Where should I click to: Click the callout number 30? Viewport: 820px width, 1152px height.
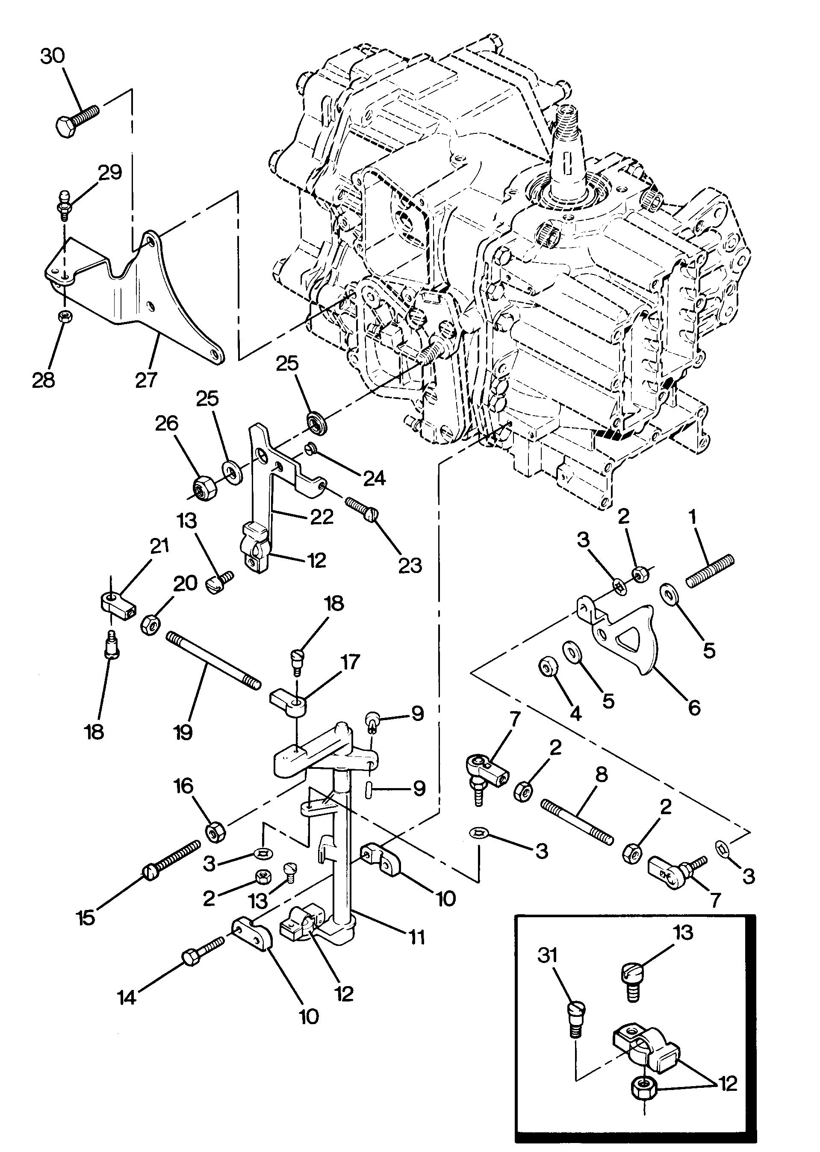[x=53, y=56]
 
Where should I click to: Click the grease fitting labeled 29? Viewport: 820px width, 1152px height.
[x=65, y=204]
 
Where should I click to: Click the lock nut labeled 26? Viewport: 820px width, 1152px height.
[x=204, y=487]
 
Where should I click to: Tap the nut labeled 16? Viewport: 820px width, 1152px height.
[x=215, y=832]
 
